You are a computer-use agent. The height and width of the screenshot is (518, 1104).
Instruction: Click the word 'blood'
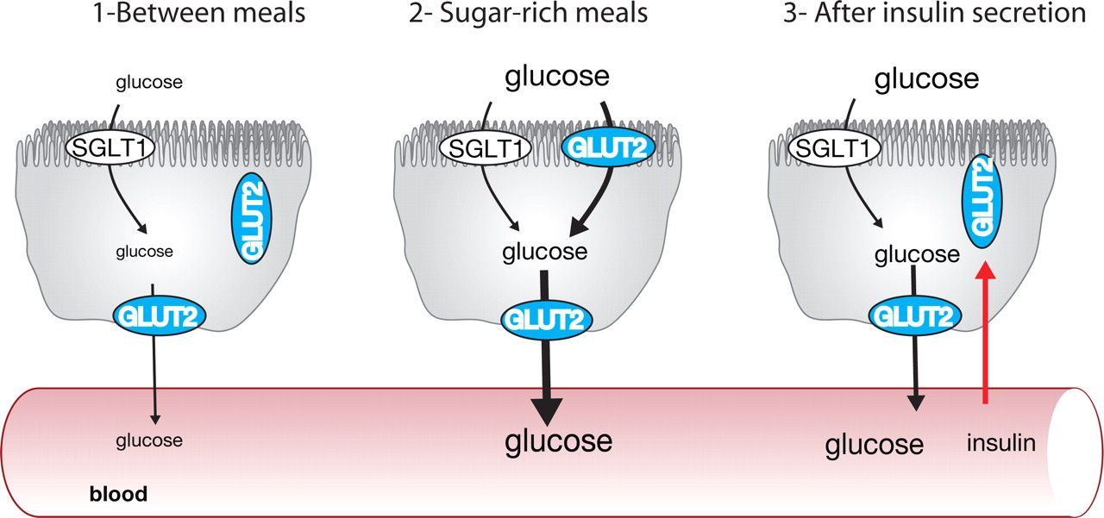pos(118,495)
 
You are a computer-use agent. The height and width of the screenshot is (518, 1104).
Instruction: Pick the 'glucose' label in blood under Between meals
pos(149,440)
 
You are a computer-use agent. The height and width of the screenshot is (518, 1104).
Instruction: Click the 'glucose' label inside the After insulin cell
pos(916,255)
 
